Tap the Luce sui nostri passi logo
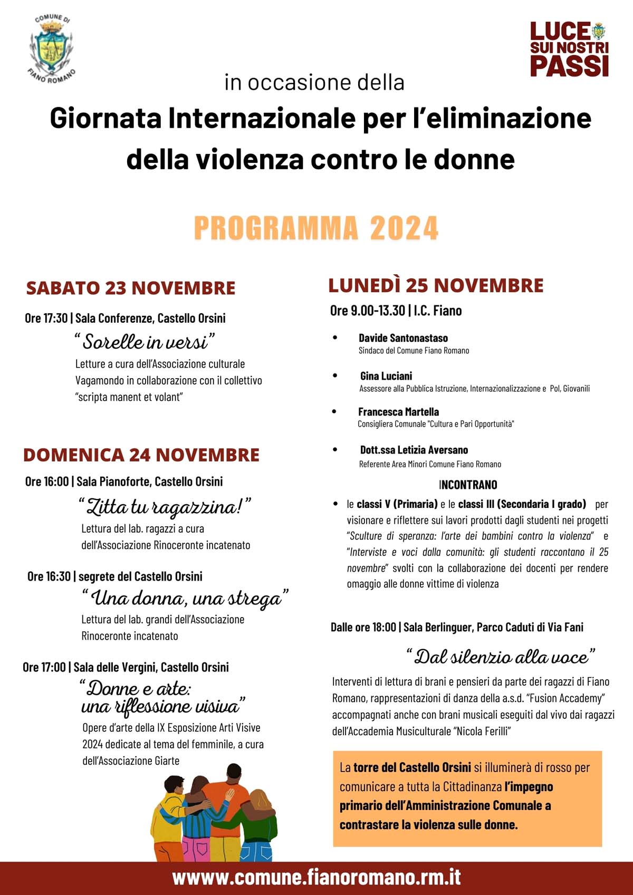[569, 49]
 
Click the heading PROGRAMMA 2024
[316, 228]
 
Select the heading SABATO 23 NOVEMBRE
[131, 288]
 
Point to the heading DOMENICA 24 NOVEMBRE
[141, 455]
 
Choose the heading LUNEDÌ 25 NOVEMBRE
[436, 285]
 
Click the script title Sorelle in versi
[145, 342]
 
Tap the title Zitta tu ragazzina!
[164, 507]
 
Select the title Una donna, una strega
[186, 598]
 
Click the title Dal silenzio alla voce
[501, 657]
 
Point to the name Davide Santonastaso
[403, 338]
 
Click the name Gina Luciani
[386, 376]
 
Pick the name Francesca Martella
[398, 412]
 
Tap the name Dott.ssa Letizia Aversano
[414, 450]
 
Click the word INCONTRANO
[468, 485]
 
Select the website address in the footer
[316, 877]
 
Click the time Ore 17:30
[46, 318]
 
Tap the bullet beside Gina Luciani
[335, 376]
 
